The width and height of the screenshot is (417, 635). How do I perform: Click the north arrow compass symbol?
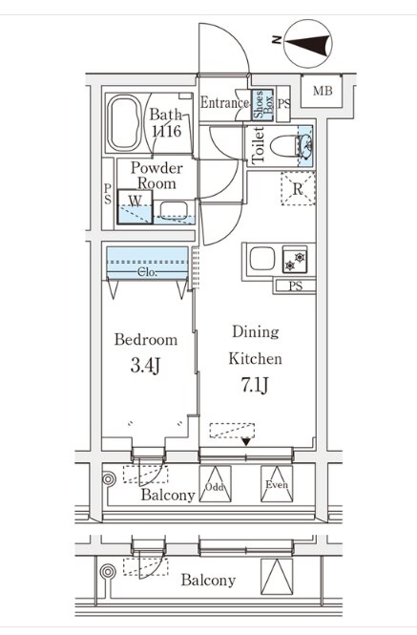[307, 43]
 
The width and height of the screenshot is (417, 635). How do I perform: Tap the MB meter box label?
[323, 91]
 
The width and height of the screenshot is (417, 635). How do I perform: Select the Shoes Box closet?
[262, 105]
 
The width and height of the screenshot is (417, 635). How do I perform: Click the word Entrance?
[224, 102]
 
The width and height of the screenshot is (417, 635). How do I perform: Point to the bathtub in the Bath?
[125, 123]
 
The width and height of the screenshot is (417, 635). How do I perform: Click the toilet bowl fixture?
[285, 146]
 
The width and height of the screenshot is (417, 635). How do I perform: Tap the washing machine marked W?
[136, 207]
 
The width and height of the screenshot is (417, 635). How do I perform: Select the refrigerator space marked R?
[298, 189]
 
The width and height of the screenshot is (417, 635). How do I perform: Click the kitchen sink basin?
[262, 259]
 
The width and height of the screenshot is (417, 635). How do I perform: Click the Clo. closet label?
[147, 272]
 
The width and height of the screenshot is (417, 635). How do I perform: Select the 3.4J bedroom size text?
[146, 367]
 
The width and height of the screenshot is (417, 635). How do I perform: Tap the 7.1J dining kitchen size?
[255, 385]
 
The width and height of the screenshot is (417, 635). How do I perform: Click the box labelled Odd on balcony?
[215, 484]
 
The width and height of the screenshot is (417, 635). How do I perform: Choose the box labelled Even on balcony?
[277, 484]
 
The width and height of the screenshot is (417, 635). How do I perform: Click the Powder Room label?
[156, 176]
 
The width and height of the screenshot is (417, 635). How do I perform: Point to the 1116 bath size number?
[166, 131]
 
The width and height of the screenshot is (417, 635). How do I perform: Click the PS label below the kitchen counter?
[296, 286]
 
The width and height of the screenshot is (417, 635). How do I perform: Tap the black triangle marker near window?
[246, 441]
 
